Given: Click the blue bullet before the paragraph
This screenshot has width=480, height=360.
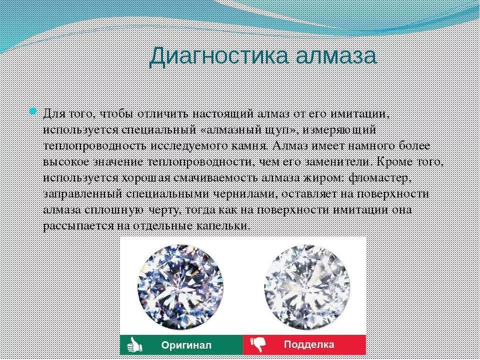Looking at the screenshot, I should [33, 111].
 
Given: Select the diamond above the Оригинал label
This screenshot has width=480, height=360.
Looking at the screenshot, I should [180, 284].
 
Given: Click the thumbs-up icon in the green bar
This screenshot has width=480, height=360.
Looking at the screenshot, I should [134, 344].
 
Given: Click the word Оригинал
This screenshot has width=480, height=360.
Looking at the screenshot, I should [186, 345].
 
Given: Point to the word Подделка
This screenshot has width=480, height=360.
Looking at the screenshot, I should [309, 345].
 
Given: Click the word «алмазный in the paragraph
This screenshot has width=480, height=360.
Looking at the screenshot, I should [234, 130].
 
